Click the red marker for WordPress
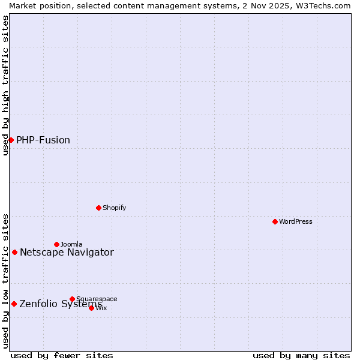[x=275, y=221]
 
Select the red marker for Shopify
[x=98, y=208]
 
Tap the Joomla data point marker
[x=56, y=244]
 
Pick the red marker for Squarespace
[x=72, y=299]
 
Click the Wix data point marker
[x=91, y=308]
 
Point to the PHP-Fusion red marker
[x=11, y=140]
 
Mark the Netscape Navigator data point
[x=14, y=252]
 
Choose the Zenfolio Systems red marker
[x=14, y=304]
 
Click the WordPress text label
[x=296, y=221]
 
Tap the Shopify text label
[x=114, y=208]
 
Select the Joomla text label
[x=71, y=244]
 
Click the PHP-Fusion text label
[x=43, y=140]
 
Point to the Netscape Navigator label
[x=67, y=253]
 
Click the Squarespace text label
[x=97, y=299]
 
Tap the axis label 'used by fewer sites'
[x=62, y=355]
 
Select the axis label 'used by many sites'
[x=301, y=355]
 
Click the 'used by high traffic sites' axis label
[x=6, y=85]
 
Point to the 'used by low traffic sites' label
[x=6, y=281]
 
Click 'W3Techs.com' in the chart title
[x=325, y=5]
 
